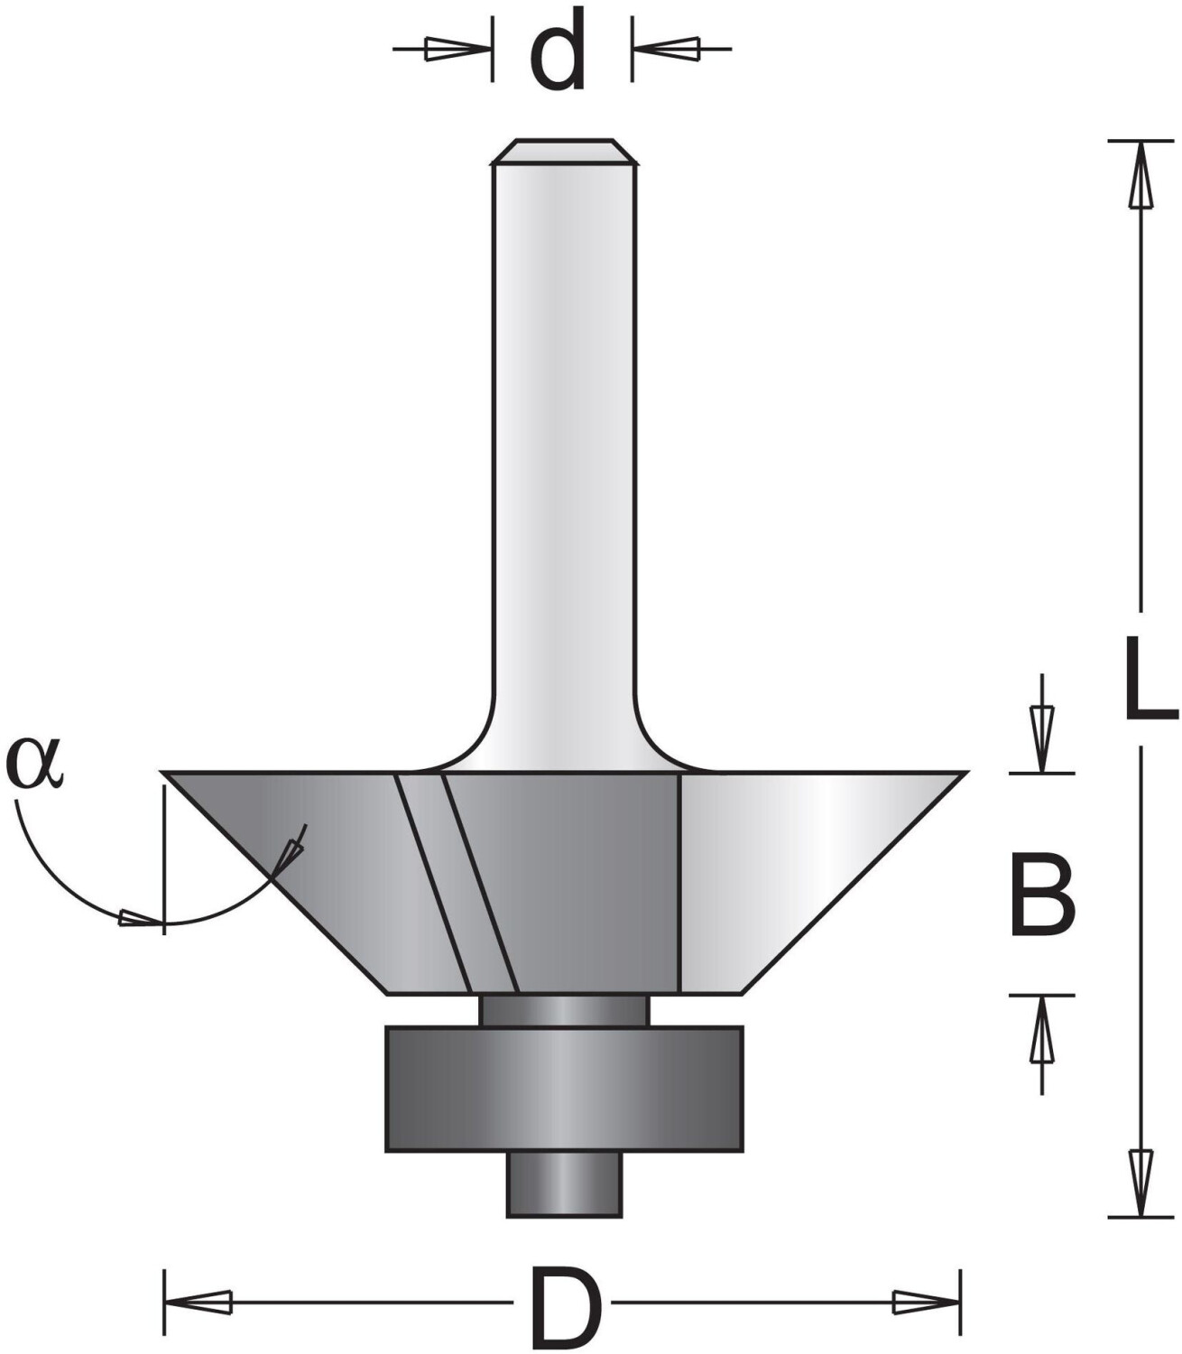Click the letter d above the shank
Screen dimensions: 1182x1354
click(557, 51)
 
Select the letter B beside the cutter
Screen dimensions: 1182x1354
click(1043, 894)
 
